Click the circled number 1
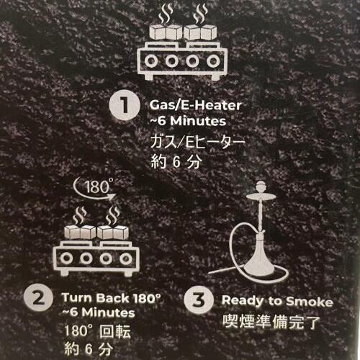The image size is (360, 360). coord(125,106)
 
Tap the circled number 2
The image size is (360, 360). coord(38,299)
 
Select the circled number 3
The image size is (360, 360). coord(199,300)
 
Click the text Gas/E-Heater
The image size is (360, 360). coord(196,105)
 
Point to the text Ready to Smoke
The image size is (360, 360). coord(277,302)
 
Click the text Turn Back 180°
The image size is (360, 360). coord(111,298)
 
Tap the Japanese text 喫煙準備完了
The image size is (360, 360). coord(271,322)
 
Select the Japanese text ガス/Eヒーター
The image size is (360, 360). coord(197,142)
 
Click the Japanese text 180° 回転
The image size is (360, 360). coord(98,331)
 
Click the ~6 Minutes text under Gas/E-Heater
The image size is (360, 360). coord(188,121)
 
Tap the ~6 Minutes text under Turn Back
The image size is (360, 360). coord(99,312)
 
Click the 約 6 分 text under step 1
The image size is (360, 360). coord(175,161)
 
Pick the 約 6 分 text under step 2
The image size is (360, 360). coord(89,349)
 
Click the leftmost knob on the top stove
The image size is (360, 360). coord(151,61)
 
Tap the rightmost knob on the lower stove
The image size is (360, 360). coord(125,258)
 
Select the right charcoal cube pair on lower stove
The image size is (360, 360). coord(113,232)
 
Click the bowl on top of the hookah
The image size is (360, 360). coord(261,187)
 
